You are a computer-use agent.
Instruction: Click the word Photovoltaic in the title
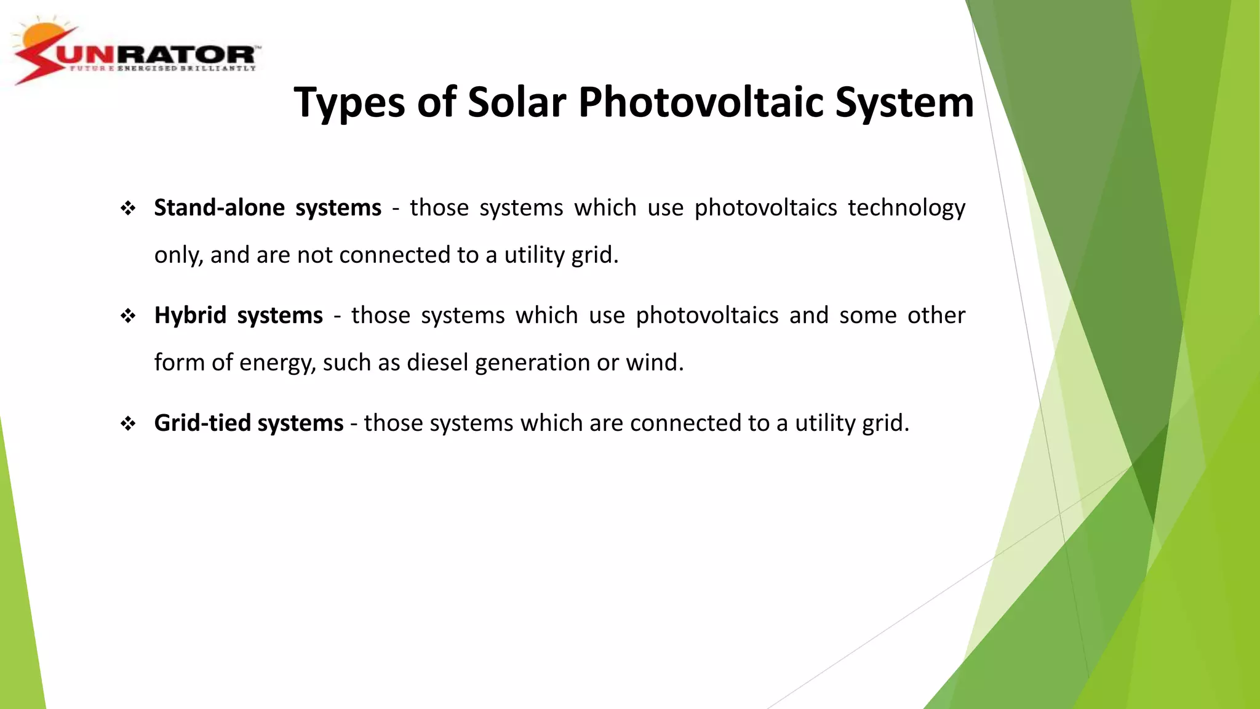pos(701,102)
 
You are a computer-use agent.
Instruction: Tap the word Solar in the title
pos(516,102)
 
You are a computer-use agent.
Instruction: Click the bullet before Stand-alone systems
pos(128,209)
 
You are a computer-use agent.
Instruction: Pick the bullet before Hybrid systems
pos(128,316)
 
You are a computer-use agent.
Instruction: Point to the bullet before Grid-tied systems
pos(128,423)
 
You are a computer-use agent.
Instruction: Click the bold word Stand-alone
pos(219,208)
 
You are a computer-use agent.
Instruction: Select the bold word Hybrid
pos(190,316)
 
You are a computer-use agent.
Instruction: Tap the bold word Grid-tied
pos(202,423)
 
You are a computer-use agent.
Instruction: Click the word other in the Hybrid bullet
pos(936,316)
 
